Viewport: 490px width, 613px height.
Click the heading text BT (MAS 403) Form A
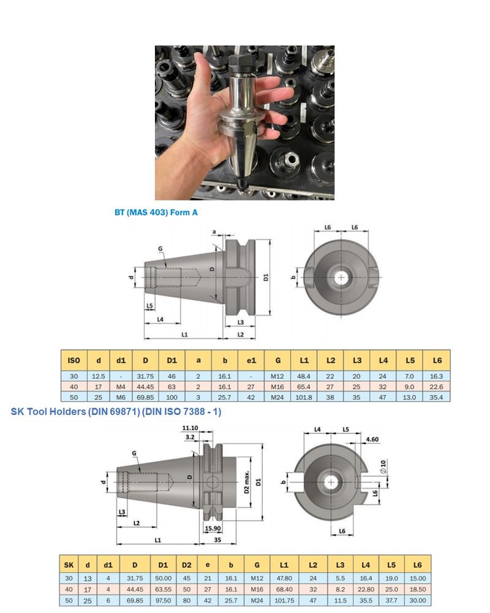tap(156, 213)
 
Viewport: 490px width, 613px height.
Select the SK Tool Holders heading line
tap(116, 412)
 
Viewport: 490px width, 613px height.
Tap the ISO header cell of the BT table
tap(73, 360)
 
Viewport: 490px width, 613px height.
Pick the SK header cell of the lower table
tap(68, 564)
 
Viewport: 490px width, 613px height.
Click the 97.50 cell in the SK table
tap(163, 601)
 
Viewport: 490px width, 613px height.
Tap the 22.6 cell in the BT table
tap(437, 386)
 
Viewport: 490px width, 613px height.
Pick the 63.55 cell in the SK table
tap(163, 590)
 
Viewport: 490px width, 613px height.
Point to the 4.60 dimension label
tap(371, 440)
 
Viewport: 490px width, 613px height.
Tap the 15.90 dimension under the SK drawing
tap(213, 528)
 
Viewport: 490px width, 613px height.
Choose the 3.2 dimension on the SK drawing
tap(190, 437)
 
